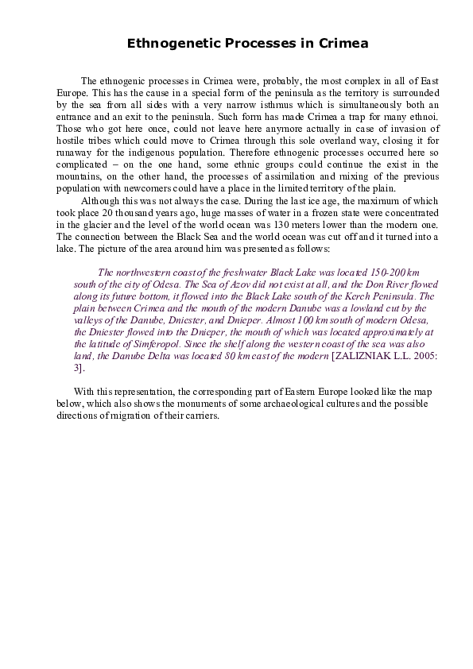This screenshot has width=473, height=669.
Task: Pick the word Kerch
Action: pos(351,296)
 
